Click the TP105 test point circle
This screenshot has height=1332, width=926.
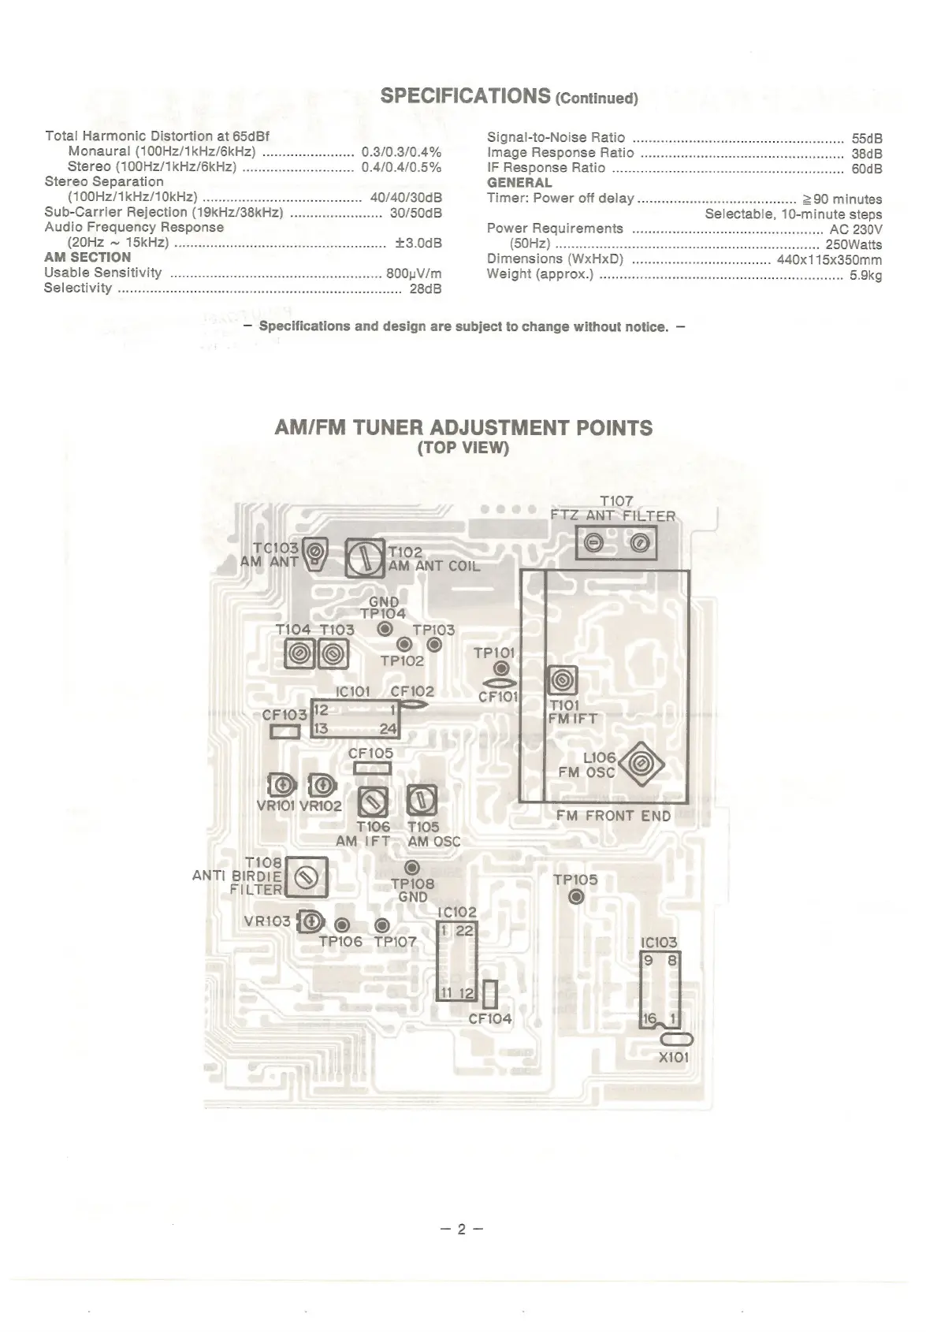coord(576,897)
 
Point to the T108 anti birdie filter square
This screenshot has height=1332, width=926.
coord(306,876)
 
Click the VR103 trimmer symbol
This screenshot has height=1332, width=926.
coord(312,921)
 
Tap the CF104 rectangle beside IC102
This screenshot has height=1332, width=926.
coord(490,995)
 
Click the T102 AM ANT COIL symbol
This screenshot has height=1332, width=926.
coord(365,559)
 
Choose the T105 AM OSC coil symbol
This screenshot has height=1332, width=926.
coord(422,802)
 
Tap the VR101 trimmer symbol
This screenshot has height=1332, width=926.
coord(282,785)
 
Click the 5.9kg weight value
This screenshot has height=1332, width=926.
coord(865,276)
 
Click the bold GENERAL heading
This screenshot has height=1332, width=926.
coord(519,182)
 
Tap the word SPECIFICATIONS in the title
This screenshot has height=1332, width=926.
coord(465,96)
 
